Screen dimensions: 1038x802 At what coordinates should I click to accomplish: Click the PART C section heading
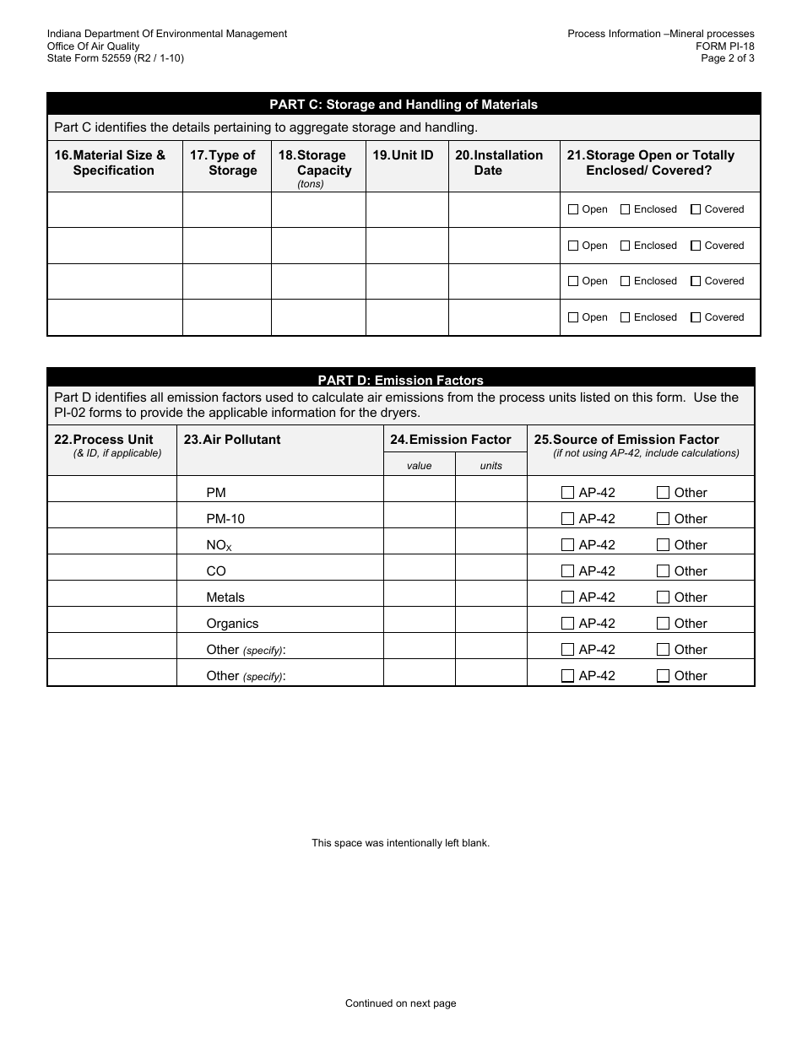pos(404,105)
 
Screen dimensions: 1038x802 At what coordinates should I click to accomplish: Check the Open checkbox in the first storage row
pos(573,209)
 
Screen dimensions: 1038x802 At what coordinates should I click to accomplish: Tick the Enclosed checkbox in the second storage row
pos(626,246)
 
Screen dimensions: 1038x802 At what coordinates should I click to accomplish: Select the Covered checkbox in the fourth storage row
pos(696,317)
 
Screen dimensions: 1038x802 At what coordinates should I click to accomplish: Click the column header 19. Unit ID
pos(403,155)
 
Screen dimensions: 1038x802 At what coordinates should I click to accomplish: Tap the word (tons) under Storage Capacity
pos(310,184)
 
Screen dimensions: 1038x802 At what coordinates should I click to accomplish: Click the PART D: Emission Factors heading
pos(400,380)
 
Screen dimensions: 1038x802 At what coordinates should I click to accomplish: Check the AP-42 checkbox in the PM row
pos(567,493)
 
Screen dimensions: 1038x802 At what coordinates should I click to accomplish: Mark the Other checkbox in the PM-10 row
pos(663,519)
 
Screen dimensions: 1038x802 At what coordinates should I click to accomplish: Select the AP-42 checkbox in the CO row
pos(567,571)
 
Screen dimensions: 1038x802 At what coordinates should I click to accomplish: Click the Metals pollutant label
pos(225,597)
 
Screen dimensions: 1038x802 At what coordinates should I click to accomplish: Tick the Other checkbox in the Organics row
pos(663,624)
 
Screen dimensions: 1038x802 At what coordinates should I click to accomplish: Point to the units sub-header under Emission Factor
pos(490,466)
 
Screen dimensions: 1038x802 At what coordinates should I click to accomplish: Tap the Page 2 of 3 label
pos(728,58)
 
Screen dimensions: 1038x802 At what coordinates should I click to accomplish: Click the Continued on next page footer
pos(400,1003)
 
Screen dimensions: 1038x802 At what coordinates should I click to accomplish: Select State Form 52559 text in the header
pos(116,58)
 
